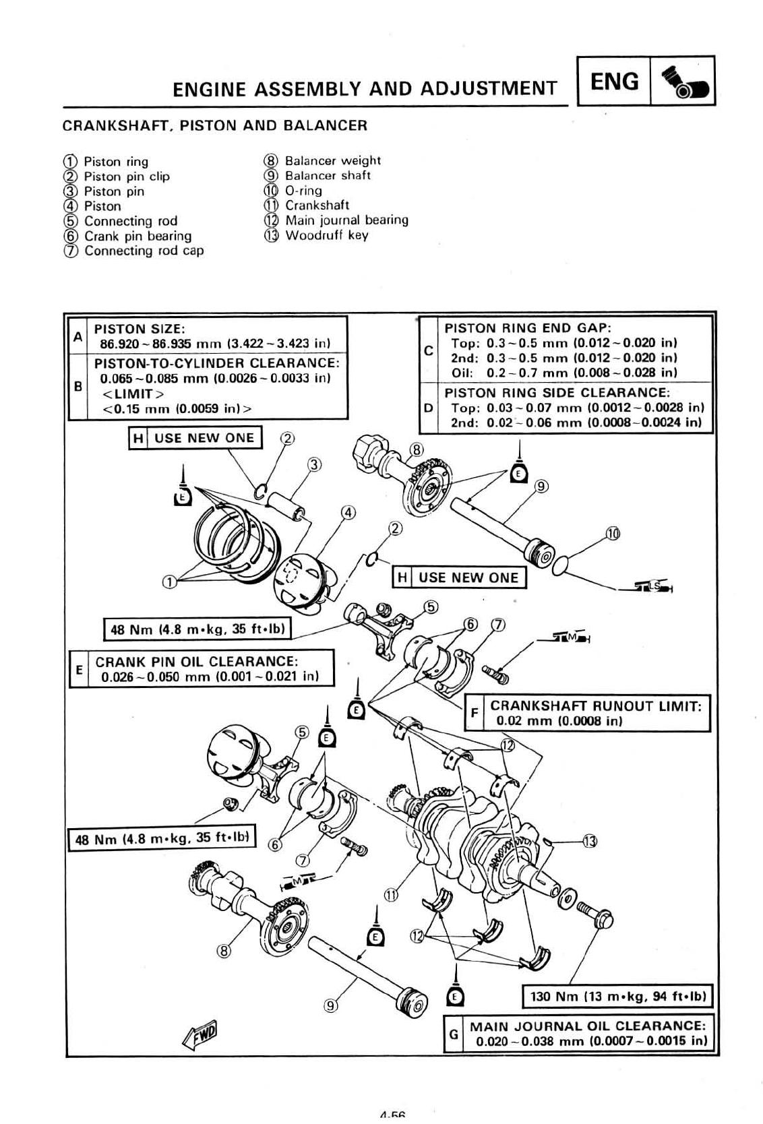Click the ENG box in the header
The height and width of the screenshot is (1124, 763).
point(614,82)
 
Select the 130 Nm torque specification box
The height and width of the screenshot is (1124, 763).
point(617,996)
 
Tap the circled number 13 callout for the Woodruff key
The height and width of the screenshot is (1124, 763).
point(590,841)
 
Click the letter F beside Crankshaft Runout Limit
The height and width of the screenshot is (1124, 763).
point(475,712)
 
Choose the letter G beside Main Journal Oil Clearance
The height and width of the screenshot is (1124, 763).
point(454,1033)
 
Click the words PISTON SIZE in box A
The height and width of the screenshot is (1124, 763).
point(139,329)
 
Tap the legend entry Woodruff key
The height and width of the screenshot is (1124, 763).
point(326,235)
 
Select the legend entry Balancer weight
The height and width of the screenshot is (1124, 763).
point(332,161)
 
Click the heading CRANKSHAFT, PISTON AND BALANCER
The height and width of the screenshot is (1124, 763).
point(214,125)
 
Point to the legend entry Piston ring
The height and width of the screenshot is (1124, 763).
point(115,162)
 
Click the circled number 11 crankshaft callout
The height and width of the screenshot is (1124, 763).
point(391,895)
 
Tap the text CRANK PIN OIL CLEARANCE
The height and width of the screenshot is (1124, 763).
point(196,662)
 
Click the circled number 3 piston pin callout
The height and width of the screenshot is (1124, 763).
point(315,464)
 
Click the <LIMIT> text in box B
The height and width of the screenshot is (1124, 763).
point(133,394)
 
